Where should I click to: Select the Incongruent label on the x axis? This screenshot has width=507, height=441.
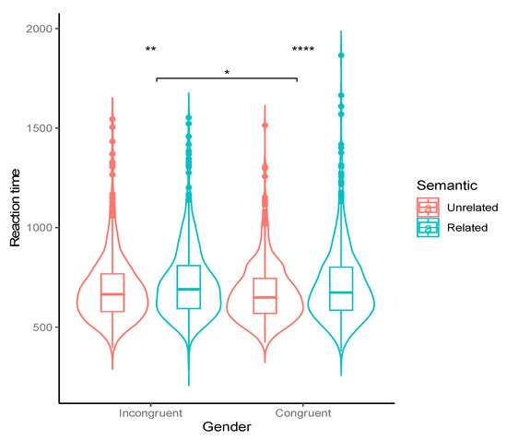click(150, 413)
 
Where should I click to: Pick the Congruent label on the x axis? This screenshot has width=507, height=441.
click(297, 413)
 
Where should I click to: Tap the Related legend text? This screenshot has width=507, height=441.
click(464, 226)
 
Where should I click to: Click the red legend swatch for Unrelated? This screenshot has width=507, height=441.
click(429, 206)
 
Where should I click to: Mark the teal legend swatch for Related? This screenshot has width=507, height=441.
click(429, 226)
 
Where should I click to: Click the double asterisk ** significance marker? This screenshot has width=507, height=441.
click(150, 51)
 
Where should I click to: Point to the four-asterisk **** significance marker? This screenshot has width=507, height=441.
click(303, 51)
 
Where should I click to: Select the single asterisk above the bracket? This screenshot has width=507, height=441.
click(227, 73)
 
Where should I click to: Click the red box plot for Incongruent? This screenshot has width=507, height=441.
click(112, 292)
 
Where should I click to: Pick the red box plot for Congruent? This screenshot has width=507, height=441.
click(265, 295)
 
